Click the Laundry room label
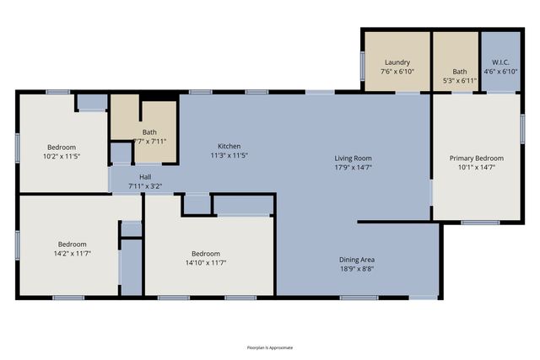pyautogui.click(x=397, y=63)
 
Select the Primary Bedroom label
pyautogui.click(x=477, y=158)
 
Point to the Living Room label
pyautogui.click(x=353, y=158)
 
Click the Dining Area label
pyautogui.click(x=356, y=260)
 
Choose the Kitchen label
pyautogui.click(x=229, y=145)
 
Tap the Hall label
pyautogui.click(x=145, y=176)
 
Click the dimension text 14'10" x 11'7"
pyautogui.click(x=205, y=263)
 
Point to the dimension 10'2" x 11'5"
pyautogui.click(x=61, y=156)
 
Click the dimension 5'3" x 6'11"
pyautogui.click(x=459, y=81)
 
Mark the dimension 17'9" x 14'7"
pyautogui.click(x=353, y=168)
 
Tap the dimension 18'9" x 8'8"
pyautogui.click(x=356, y=270)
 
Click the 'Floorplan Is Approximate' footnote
pyautogui.click(x=270, y=347)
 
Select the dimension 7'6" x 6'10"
pyautogui.click(x=397, y=73)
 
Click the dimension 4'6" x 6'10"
pyautogui.click(x=500, y=71)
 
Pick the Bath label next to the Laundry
pyautogui.click(x=459, y=72)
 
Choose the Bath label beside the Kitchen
pyautogui.click(x=149, y=132)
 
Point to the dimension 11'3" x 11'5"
pyautogui.click(x=229, y=155)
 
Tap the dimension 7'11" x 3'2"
pyautogui.click(x=145, y=185)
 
